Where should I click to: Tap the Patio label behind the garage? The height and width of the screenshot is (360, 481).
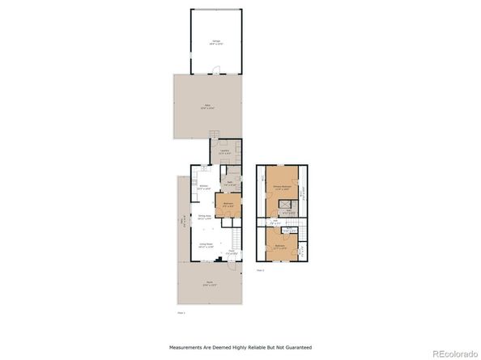[x=208, y=107]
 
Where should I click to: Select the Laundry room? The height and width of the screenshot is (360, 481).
[x=225, y=151]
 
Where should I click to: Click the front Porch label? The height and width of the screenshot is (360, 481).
[x=210, y=283]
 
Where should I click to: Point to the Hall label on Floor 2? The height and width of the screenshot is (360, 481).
[x=275, y=222]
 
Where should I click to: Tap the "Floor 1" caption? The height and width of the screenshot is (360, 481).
[x=181, y=311]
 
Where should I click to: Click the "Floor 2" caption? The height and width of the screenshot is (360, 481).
[x=261, y=269]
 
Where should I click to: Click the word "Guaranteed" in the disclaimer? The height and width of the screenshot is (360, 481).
[x=296, y=347]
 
